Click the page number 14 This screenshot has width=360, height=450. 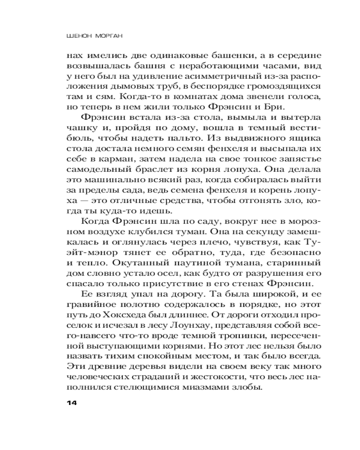(72, 403)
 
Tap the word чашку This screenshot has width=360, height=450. (79, 128)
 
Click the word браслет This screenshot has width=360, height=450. (161, 169)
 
